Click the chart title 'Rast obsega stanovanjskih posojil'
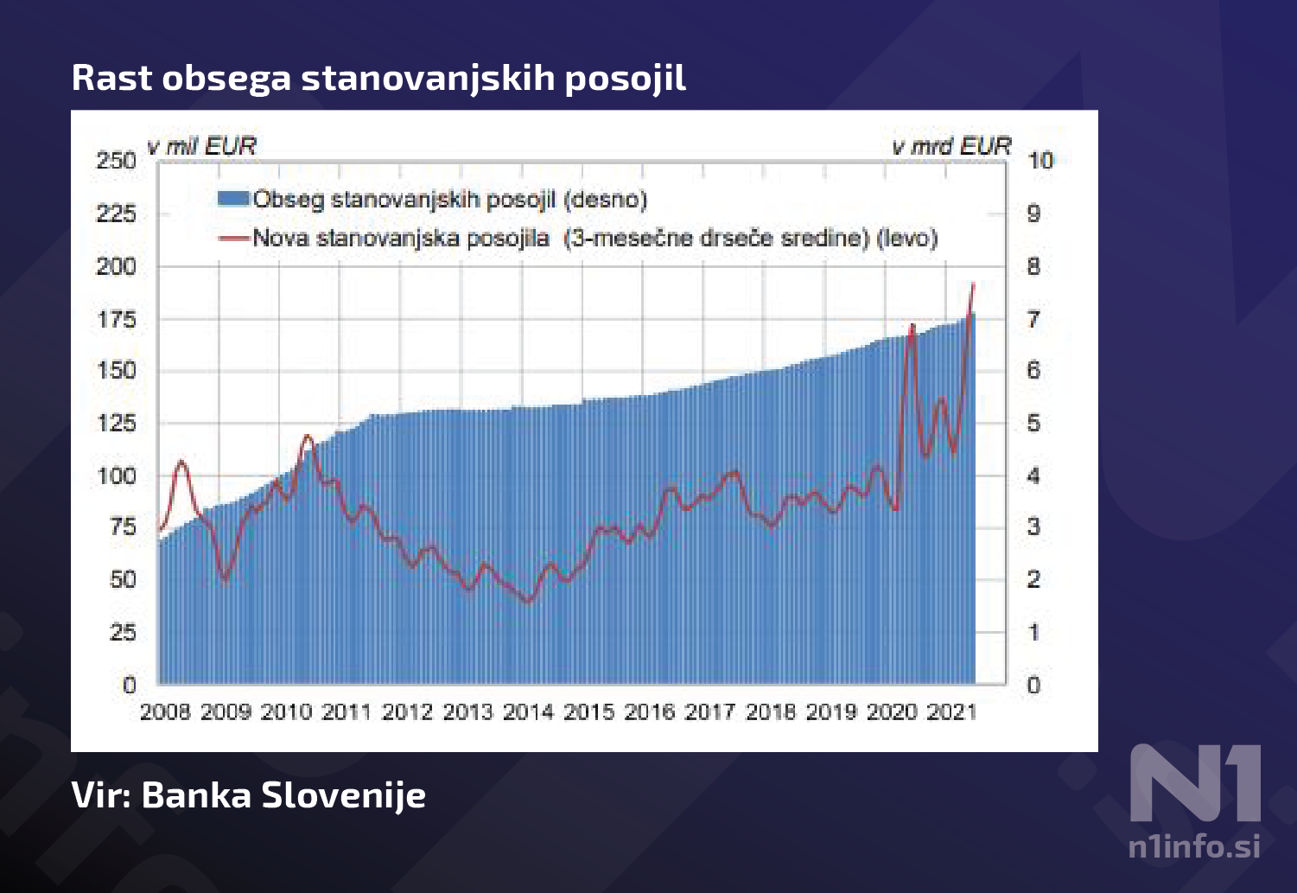tap(378, 78)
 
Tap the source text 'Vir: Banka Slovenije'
tap(249, 795)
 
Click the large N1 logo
tap(1196, 783)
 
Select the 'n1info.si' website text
tap(1194, 845)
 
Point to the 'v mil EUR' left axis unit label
tap(202, 146)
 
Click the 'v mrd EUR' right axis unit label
tap(951, 146)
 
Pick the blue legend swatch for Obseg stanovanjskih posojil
tap(233, 200)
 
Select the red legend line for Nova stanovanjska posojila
tap(233, 238)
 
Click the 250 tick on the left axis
tap(117, 161)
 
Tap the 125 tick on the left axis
tap(117, 424)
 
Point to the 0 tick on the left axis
tap(129, 686)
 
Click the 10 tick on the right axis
tap(1040, 161)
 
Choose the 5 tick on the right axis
tap(1033, 424)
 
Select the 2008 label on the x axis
tap(165, 712)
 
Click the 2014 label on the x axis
tap(528, 712)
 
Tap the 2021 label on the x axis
tap(951, 712)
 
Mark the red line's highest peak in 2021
tap(973, 284)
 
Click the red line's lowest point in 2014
tap(529, 602)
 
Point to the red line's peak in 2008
tap(181, 462)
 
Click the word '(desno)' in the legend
tap(605, 200)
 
